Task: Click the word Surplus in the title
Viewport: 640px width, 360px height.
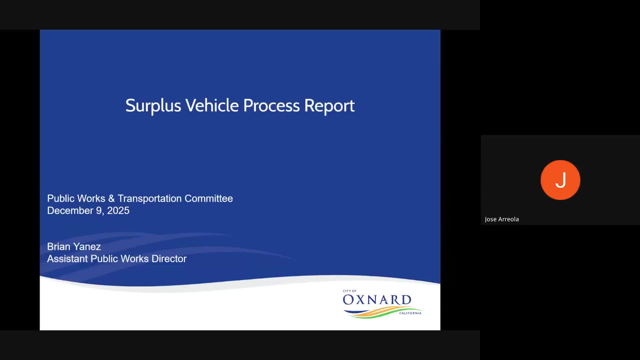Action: [153, 106]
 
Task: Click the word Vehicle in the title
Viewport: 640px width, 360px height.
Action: [212, 105]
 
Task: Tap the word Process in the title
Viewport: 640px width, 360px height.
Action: [271, 105]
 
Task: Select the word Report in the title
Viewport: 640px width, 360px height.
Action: [329, 106]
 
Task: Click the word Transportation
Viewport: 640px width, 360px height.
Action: [150, 198]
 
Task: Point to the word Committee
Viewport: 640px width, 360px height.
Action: [209, 198]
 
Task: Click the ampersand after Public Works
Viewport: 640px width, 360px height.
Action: [111, 198]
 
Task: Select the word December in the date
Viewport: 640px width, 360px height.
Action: [70, 211]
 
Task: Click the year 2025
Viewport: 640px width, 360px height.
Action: [118, 211]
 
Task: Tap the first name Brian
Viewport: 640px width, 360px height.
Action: [59, 247]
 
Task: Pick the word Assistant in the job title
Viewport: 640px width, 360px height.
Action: [68, 259]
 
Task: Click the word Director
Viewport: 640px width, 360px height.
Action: [169, 259]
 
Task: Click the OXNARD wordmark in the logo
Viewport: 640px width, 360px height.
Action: [377, 300]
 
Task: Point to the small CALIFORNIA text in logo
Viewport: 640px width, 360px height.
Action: [410, 313]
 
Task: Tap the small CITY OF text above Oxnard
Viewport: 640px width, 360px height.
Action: [350, 291]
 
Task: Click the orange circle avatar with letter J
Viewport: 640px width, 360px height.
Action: [560, 180]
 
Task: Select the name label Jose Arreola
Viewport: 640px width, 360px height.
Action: [502, 219]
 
